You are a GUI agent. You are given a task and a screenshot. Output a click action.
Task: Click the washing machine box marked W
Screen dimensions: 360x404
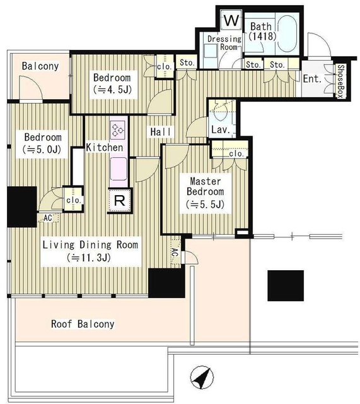pos(231,20)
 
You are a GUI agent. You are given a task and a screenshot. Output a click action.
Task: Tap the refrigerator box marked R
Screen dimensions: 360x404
pos(120,201)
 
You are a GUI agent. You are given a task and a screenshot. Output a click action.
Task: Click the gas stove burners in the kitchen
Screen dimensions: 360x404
pos(118,128)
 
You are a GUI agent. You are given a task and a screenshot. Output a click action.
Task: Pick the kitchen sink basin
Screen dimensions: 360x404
pos(119,169)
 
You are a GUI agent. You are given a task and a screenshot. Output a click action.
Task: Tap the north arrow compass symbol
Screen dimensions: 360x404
pos(202,378)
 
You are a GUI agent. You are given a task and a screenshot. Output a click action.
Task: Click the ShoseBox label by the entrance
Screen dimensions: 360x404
pos(340,81)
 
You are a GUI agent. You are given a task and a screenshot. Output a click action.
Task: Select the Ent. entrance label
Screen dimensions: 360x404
pos(312,78)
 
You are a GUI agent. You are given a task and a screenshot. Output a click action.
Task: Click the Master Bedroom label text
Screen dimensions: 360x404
pos(205,186)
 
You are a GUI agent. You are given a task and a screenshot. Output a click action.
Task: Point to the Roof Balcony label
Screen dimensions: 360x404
pos(83,324)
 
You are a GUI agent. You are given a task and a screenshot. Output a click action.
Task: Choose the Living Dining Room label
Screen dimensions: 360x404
pos(90,244)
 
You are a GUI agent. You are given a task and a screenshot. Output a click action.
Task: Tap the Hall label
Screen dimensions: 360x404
pos(161,132)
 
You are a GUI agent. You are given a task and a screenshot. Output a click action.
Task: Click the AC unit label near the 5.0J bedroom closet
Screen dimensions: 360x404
pos(48,218)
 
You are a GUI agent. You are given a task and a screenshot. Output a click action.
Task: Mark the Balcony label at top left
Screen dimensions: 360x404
pos(40,66)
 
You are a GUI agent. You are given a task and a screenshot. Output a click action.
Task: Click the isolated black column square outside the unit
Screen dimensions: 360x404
pos(286,285)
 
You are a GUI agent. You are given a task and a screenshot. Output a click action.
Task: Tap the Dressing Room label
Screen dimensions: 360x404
pos(224,43)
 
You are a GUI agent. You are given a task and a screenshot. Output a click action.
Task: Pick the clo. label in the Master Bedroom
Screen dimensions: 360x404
pos(236,154)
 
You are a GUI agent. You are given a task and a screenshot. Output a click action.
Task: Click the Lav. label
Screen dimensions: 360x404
pos(220,129)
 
